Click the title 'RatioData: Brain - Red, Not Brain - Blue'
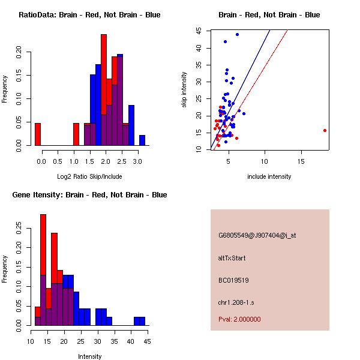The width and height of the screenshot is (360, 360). [89, 15]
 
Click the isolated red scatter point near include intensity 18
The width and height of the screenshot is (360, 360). [325, 130]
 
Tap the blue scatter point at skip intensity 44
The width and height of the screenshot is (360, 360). [237, 35]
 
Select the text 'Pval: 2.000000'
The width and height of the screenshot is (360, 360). [239, 320]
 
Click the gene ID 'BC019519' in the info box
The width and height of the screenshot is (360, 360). [233, 280]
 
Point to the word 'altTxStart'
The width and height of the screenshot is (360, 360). [232, 258]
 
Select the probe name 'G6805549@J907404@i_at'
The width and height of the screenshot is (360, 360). [257, 235]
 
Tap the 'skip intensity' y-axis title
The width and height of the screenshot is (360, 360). [185, 90]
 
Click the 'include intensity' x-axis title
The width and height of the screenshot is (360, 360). [269, 176]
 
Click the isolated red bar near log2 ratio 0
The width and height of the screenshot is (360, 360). [38, 134]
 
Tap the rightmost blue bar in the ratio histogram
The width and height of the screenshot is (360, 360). [142, 140]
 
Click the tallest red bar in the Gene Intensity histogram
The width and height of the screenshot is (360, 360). [43, 269]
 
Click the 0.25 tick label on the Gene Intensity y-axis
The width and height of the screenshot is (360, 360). [19, 228]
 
